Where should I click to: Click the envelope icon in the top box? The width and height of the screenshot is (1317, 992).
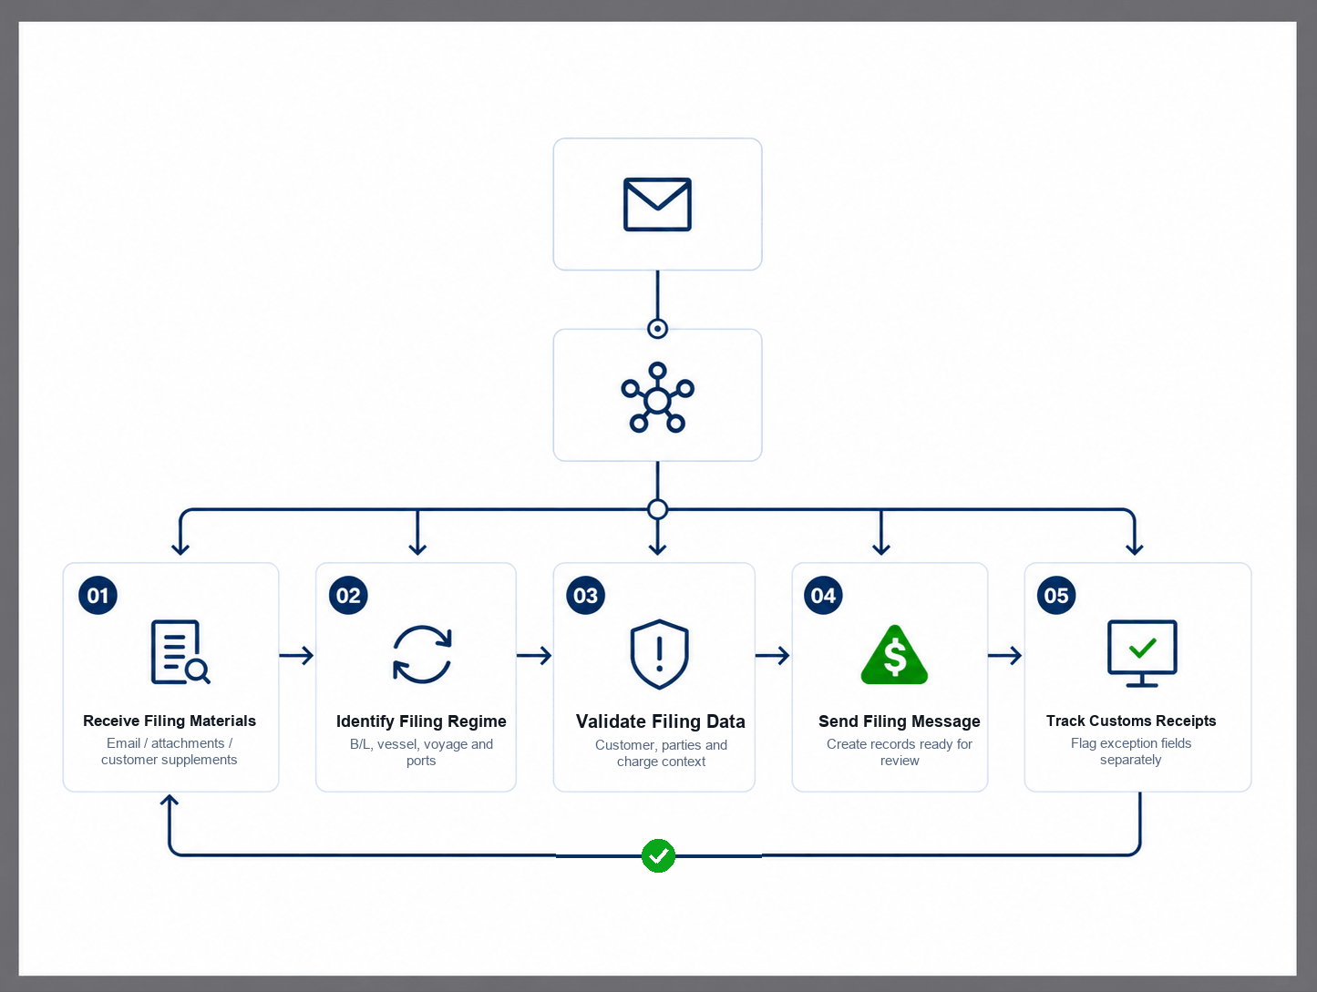[x=657, y=204]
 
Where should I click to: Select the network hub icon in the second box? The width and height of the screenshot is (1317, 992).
[x=657, y=397]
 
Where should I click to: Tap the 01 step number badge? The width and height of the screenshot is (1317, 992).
[x=98, y=595]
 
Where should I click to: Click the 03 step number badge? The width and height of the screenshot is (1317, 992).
[x=585, y=595]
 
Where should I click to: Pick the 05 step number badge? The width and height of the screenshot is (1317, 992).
[x=1056, y=595]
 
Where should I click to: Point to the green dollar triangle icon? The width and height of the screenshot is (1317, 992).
[x=894, y=655]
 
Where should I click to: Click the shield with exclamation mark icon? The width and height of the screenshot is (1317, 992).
[x=659, y=654]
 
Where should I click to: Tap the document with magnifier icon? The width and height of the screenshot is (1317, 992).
[x=180, y=652]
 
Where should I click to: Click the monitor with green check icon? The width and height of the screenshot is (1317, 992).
[x=1142, y=653]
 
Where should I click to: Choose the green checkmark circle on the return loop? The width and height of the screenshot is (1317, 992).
[x=658, y=855]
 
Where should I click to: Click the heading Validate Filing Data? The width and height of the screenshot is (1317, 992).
[x=660, y=721]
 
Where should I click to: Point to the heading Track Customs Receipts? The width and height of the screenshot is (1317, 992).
[x=1131, y=721]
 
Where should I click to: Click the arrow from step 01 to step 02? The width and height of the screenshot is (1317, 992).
[x=296, y=655]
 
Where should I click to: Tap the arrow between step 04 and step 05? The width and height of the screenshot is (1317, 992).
[x=1005, y=655]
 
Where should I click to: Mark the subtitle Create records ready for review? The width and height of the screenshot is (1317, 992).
[x=899, y=752]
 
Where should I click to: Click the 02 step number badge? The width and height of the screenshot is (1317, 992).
[x=348, y=595]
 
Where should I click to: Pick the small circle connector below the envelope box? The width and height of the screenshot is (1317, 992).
[x=658, y=329]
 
